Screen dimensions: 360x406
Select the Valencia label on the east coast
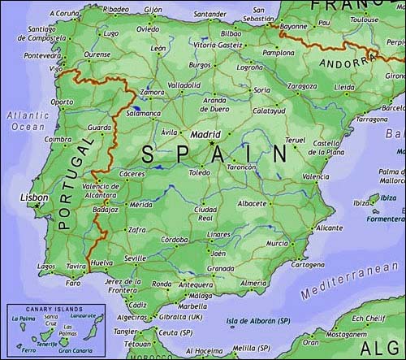tap(315, 176)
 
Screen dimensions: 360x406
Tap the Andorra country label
tap(343, 63)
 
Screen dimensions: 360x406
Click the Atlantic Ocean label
tap(28, 121)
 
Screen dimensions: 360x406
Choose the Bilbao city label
tap(231, 33)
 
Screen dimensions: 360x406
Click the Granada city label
tap(221, 268)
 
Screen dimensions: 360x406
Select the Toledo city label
tap(199, 173)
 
